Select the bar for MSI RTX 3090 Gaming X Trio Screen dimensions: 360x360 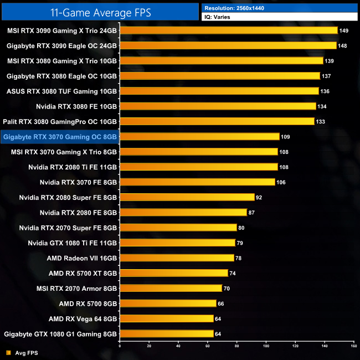point(228,30)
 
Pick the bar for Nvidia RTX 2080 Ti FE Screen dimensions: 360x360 point(198,167)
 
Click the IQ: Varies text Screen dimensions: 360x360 point(219,17)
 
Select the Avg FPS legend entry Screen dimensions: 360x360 point(22,352)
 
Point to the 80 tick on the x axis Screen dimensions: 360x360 point(236,346)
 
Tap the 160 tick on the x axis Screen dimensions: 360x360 point(353,346)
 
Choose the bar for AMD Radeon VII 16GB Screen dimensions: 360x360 point(177,258)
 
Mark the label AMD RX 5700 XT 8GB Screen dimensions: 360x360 point(83,272)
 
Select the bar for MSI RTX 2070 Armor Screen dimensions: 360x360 point(171,288)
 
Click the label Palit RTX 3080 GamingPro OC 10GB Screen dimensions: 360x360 point(60,121)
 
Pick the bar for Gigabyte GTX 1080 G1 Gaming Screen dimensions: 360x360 point(166,333)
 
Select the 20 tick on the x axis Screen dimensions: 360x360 point(149,346)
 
